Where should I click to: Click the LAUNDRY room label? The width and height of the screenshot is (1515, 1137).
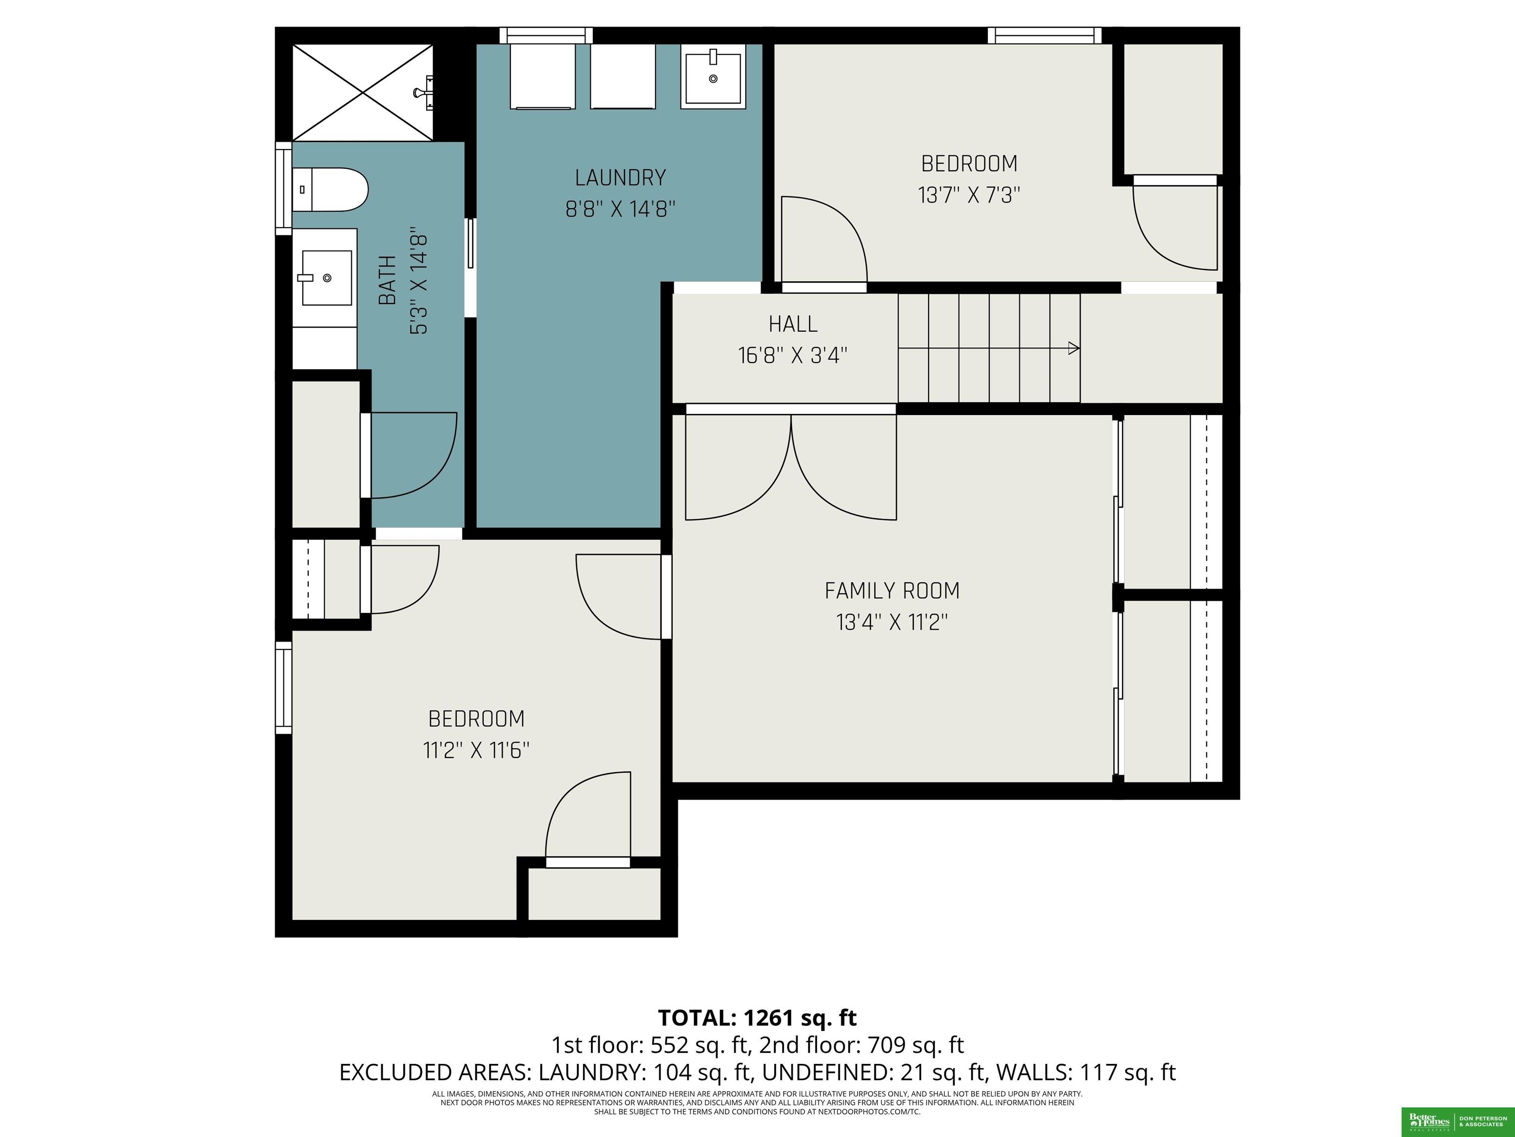[620, 178]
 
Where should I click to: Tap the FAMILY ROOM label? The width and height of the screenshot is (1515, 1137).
[892, 591]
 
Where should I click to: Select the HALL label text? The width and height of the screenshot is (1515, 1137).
[793, 324]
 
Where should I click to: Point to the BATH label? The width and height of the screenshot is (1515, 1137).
[387, 280]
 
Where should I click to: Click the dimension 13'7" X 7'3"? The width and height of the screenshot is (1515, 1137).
[969, 195]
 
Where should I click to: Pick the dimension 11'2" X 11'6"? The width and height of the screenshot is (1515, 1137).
[476, 751]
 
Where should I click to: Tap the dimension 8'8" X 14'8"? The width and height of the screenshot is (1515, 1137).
[620, 208]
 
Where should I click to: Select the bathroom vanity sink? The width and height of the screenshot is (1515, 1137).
[326, 277]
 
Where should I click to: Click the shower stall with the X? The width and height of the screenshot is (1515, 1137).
[362, 92]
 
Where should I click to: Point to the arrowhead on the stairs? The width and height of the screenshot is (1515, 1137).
[1075, 348]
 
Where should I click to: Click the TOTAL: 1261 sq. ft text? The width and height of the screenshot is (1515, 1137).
[757, 1018]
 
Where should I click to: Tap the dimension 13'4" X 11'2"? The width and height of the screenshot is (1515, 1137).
[892, 622]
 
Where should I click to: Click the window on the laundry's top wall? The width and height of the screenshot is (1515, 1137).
[546, 36]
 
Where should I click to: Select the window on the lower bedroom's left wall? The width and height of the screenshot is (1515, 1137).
[284, 687]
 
